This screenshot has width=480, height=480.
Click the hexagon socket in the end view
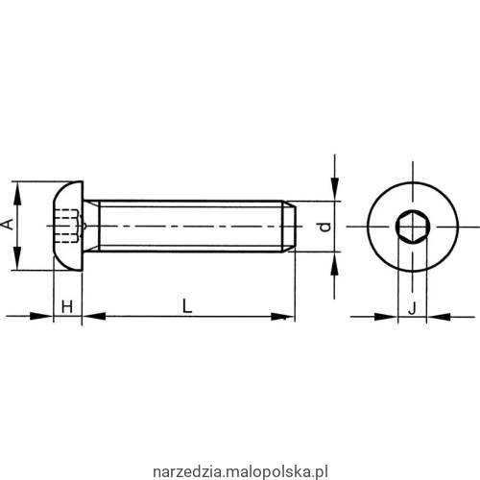(x=411, y=227)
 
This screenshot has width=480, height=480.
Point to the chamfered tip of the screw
(x=287, y=227)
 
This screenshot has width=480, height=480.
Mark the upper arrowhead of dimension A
(x=17, y=187)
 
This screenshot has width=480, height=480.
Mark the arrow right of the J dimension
(x=434, y=315)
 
